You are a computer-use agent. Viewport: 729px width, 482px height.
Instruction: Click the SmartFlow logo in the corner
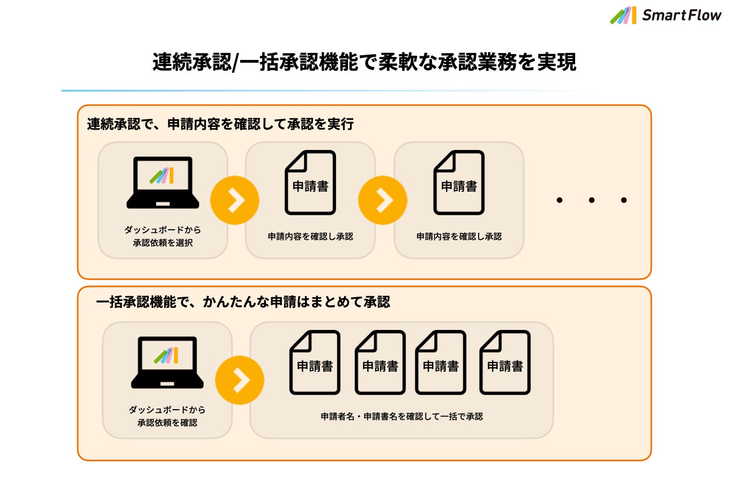click(x=666, y=15)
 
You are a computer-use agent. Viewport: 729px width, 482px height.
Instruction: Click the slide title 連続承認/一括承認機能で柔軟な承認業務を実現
click(x=364, y=62)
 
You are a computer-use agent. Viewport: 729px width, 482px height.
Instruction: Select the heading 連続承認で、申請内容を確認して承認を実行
click(x=220, y=124)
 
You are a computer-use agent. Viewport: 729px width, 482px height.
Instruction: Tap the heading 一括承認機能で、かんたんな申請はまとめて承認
click(x=243, y=302)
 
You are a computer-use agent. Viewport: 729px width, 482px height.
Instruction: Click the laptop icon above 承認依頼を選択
click(x=163, y=183)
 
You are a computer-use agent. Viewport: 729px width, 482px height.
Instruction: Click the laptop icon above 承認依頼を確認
click(x=167, y=363)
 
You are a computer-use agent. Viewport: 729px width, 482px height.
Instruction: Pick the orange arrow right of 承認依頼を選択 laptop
click(x=235, y=200)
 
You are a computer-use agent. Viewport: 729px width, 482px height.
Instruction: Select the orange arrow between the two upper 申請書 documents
click(x=383, y=200)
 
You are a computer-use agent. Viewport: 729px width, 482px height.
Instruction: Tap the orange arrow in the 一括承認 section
click(x=240, y=380)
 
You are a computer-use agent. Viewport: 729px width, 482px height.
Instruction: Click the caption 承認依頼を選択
click(x=163, y=243)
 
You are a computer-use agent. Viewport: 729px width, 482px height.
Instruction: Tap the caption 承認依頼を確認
click(x=167, y=423)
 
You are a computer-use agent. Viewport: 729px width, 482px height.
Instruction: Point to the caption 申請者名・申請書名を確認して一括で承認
click(x=401, y=416)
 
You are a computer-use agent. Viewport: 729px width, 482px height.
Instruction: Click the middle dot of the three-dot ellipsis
click(x=592, y=200)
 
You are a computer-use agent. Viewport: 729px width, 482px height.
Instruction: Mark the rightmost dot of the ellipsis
click(x=624, y=200)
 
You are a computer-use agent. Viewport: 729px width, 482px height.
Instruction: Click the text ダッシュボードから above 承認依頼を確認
click(x=167, y=410)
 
